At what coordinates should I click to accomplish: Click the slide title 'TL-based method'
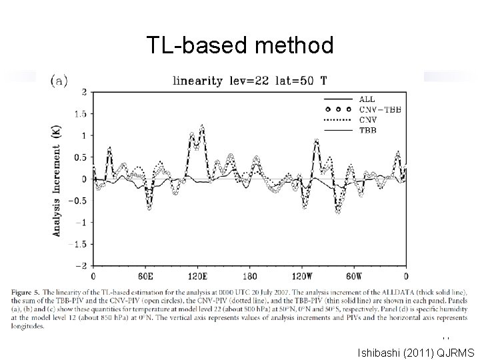pos(240,45)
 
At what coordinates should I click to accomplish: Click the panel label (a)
pos(61,80)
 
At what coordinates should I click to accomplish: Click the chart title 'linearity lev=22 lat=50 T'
pos(250,81)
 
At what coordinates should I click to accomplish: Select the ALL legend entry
pos(365,99)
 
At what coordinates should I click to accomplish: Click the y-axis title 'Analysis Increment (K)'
pos(57,180)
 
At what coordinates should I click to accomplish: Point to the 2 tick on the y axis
pos(83,92)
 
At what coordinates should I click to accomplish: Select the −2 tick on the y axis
pos(81,266)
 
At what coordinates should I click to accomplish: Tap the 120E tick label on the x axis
pos(197,276)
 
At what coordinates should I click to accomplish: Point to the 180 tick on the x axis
pos(249,276)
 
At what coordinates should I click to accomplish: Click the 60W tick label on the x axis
pos(354,276)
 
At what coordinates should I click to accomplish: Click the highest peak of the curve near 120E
pos(202,125)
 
